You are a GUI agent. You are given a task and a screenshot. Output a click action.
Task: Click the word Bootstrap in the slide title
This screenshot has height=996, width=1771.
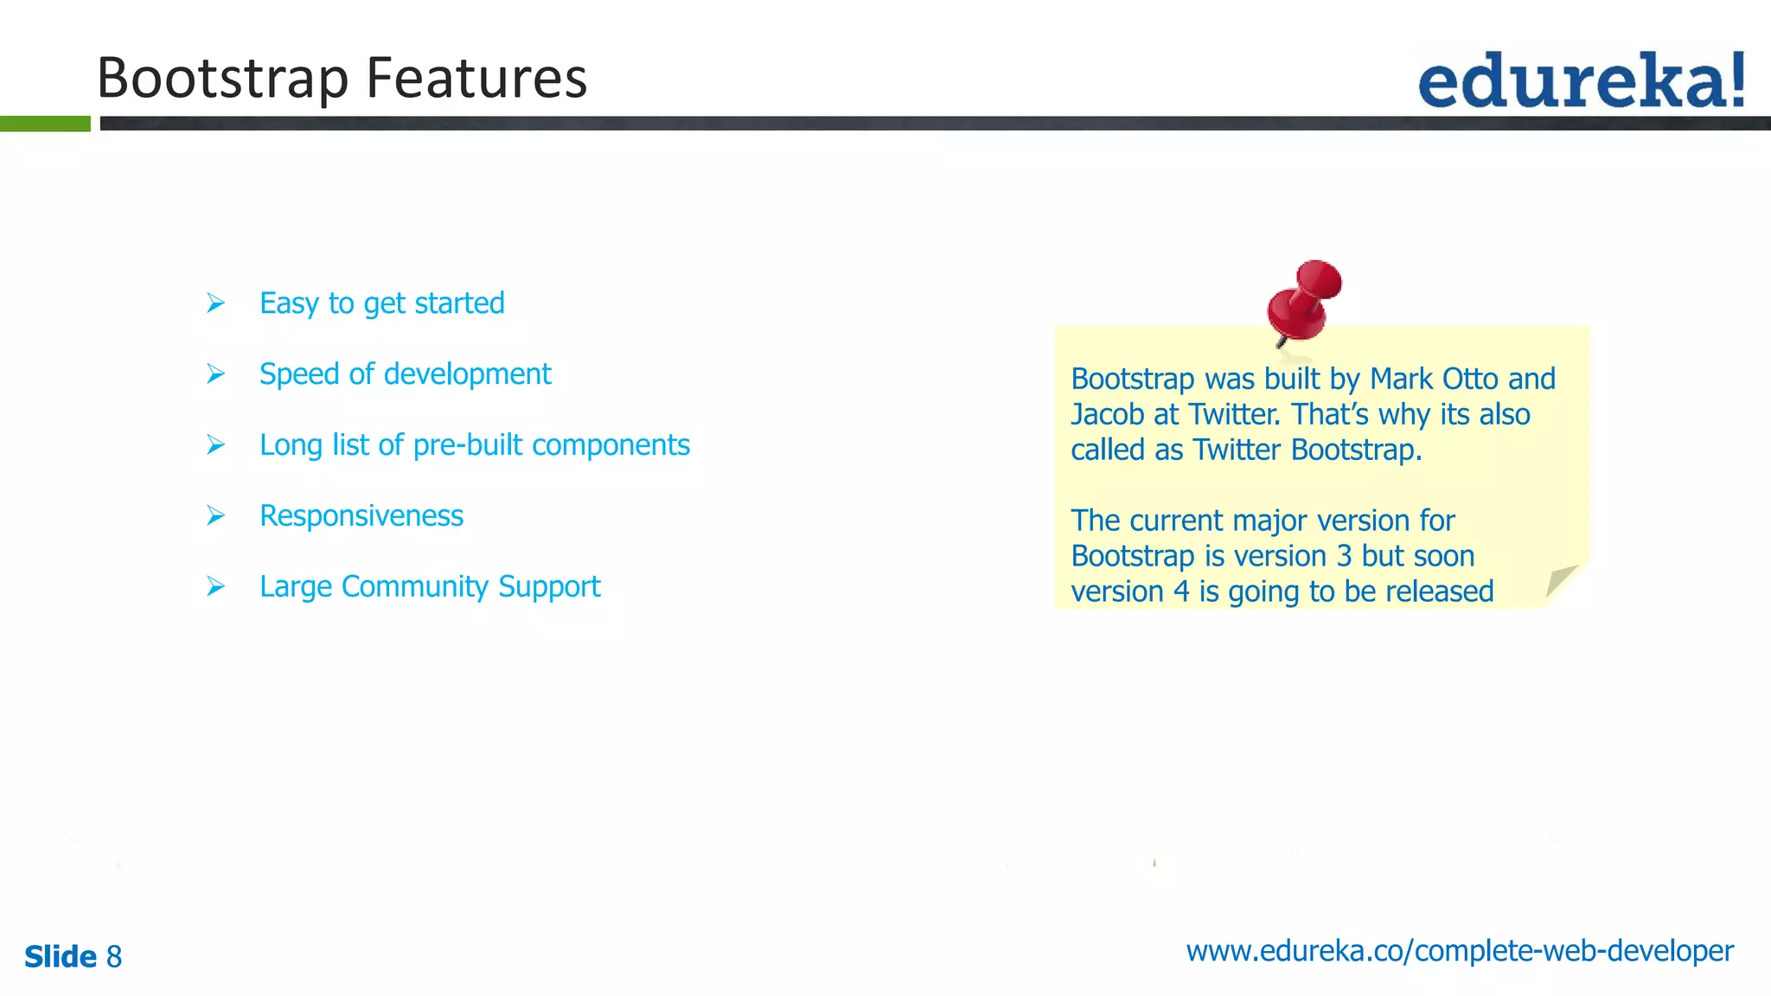pos(223,79)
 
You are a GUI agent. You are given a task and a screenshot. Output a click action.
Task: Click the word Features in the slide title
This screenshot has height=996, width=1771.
pos(476,79)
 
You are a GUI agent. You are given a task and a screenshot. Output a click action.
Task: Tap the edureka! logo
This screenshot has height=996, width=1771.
pos(1581,80)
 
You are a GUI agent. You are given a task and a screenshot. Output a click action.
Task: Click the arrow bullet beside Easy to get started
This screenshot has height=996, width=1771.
pos(215,303)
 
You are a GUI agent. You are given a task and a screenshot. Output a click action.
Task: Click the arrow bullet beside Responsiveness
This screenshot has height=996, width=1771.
pos(215,516)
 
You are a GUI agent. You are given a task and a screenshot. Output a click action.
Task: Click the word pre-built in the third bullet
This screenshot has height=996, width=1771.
pos(468,445)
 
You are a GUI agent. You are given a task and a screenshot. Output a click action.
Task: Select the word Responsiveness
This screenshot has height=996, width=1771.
pos(361,516)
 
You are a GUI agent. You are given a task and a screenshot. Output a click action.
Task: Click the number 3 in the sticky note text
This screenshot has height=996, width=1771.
pos(1344,557)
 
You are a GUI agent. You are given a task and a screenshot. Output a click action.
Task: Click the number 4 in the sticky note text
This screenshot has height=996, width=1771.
pos(1181,592)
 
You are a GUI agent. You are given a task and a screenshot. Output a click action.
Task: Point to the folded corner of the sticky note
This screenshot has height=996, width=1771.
pos(1562,583)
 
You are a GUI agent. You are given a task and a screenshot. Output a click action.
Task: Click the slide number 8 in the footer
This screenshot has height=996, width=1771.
pos(114,957)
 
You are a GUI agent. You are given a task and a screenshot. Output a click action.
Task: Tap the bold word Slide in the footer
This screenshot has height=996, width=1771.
pos(61,957)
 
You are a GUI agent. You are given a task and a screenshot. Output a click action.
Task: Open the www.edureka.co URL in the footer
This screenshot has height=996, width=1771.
pos(1460,951)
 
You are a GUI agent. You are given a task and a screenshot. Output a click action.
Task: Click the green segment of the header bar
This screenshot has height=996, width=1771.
pos(45,124)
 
